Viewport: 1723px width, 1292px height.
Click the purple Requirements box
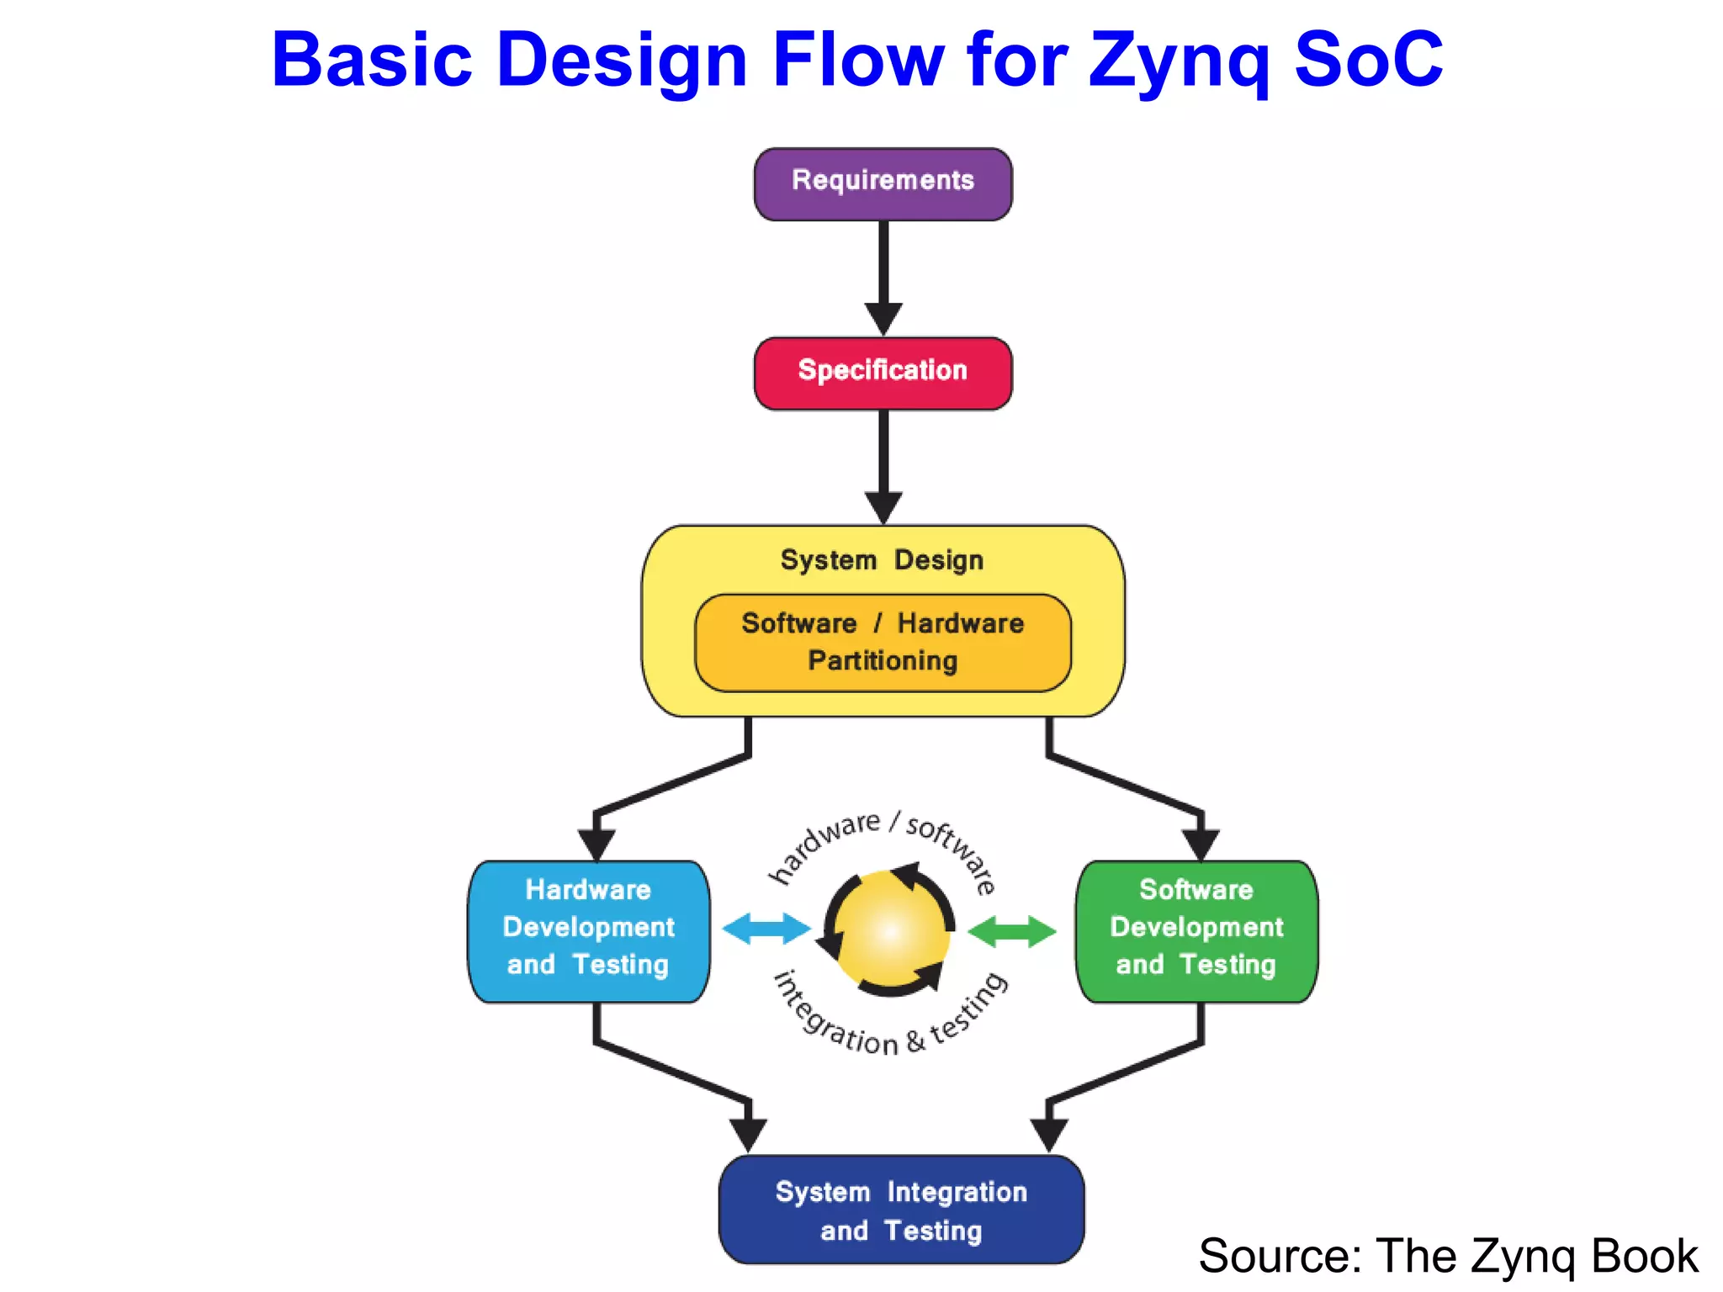coord(883,183)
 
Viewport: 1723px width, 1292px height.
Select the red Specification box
coord(883,373)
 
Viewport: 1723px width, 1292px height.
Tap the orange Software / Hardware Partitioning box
coord(883,643)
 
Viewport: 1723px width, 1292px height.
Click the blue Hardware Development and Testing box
coord(588,930)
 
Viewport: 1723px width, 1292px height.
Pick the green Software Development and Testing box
coord(1196,930)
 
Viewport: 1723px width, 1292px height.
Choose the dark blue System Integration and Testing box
coord(901,1210)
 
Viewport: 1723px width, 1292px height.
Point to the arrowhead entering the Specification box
coord(883,320)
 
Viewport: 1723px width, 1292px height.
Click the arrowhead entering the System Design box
coord(883,507)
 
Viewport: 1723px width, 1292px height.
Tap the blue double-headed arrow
coord(766,929)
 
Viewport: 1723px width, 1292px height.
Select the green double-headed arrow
coord(1012,931)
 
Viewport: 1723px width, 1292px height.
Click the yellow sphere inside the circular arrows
coord(890,930)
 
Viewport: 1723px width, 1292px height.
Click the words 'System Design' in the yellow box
coord(882,560)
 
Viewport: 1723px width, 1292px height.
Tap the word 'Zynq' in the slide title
coord(1178,61)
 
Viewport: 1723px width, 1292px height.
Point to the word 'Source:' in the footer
coord(1280,1256)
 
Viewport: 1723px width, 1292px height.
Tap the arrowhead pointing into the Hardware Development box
coord(596,844)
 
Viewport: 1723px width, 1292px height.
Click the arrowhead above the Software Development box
coord(1201,844)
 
